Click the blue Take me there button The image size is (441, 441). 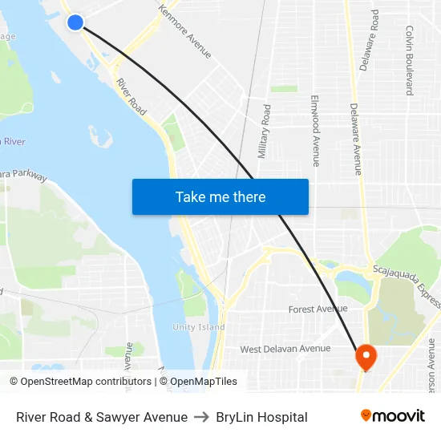[x=220, y=196]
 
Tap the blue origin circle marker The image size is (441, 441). [x=75, y=22]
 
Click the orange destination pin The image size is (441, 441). [x=366, y=357]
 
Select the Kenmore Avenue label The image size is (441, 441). [x=185, y=32]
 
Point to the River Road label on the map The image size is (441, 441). [x=131, y=95]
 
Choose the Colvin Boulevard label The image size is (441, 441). [x=409, y=60]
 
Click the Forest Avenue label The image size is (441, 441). [x=318, y=309]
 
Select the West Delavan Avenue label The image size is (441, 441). [x=285, y=349]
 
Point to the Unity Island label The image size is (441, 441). [x=199, y=327]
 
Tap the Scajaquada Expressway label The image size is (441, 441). [x=406, y=285]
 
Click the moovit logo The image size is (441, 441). [x=392, y=416]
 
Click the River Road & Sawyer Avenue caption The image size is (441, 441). [x=102, y=417]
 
